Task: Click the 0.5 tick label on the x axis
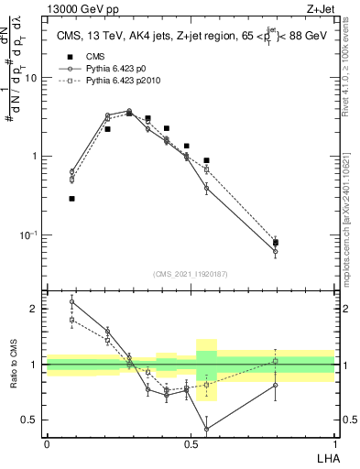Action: (x=191, y=444)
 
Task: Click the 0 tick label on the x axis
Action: (x=47, y=444)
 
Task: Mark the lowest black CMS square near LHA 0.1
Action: (x=71, y=198)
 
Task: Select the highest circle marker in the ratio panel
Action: (x=71, y=301)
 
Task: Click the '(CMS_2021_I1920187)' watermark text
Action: (x=191, y=273)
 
